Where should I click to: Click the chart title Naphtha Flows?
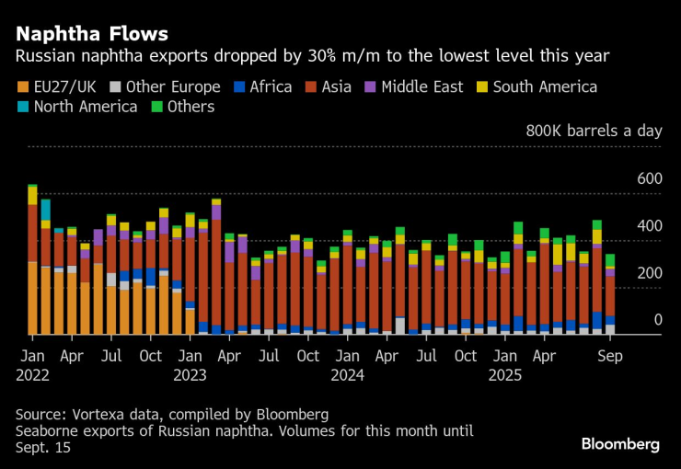point(91,34)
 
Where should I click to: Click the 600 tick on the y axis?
point(650,177)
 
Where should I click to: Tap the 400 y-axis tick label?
point(650,225)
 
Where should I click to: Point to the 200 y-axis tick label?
point(650,272)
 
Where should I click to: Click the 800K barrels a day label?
point(594,131)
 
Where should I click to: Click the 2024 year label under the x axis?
point(348,374)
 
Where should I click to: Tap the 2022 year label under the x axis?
point(32,374)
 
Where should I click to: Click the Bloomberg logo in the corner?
point(619,444)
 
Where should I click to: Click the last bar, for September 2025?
point(610,294)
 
